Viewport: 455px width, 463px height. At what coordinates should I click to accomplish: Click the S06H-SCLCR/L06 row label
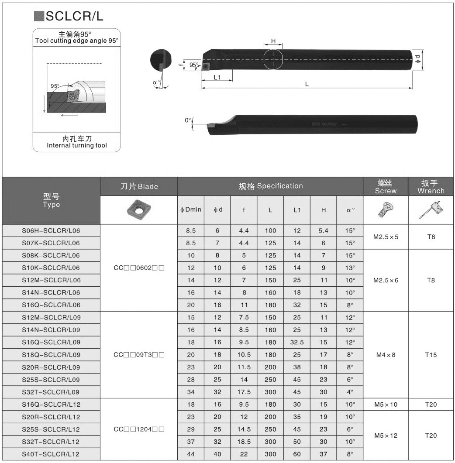(x=51, y=230)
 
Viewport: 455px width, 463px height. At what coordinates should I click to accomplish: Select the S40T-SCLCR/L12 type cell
(x=51, y=454)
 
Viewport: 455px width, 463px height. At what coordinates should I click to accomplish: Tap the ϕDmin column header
(x=191, y=209)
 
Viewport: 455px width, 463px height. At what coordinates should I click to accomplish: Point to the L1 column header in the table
(x=297, y=210)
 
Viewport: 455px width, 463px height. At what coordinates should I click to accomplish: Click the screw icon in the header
(x=386, y=210)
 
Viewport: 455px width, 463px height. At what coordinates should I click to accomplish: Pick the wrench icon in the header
(x=431, y=209)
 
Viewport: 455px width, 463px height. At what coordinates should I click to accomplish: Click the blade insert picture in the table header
(x=139, y=210)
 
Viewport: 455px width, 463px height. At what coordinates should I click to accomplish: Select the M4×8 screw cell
(x=386, y=355)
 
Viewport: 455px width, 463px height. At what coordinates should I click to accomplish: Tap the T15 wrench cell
(x=431, y=355)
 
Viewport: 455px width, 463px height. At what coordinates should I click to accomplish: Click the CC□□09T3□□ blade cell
(x=139, y=355)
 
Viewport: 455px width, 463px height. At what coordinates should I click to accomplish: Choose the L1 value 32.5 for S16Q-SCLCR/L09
(x=297, y=342)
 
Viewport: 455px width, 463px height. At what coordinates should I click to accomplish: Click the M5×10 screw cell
(x=386, y=405)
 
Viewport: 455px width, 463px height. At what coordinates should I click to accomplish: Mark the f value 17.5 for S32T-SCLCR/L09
(x=244, y=392)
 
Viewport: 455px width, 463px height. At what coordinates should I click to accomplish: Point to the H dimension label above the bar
(x=273, y=41)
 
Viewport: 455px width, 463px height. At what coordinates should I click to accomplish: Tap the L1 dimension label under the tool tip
(x=217, y=77)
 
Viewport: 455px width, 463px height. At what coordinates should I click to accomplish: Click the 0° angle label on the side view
(x=188, y=120)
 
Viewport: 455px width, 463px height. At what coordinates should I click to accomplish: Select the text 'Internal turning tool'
(x=77, y=145)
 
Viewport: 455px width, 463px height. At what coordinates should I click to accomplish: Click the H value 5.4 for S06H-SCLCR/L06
(x=323, y=230)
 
